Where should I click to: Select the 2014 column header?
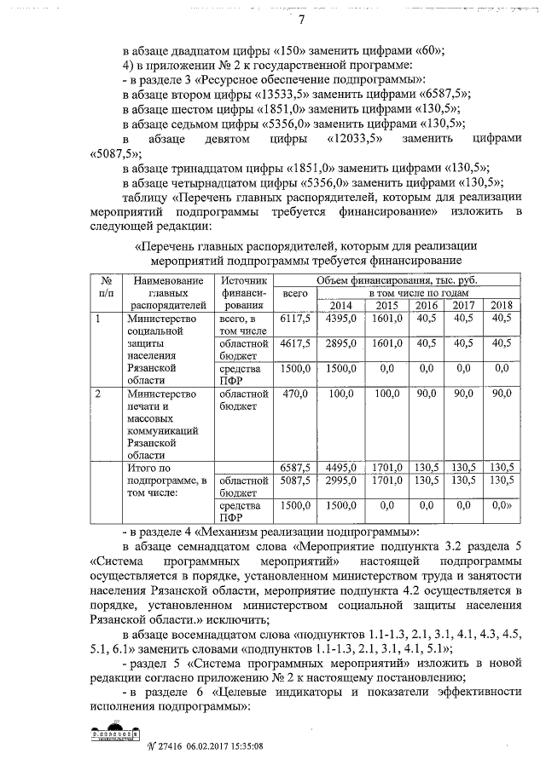tap(340, 306)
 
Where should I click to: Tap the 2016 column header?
tap(427, 306)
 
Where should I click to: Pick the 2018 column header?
tap(501, 306)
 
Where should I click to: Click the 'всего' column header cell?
tap(294, 293)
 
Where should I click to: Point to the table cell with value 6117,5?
tap(294, 318)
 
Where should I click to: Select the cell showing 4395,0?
tap(340, 318)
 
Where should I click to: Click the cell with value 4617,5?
tap(294, 343)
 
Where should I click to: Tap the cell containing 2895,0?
tap(340, 343)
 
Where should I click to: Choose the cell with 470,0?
tap(294, 394)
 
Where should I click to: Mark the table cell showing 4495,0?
tap(340, 467)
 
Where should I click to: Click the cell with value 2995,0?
tap(340, 480)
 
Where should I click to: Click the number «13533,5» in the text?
tap(288, 94)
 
